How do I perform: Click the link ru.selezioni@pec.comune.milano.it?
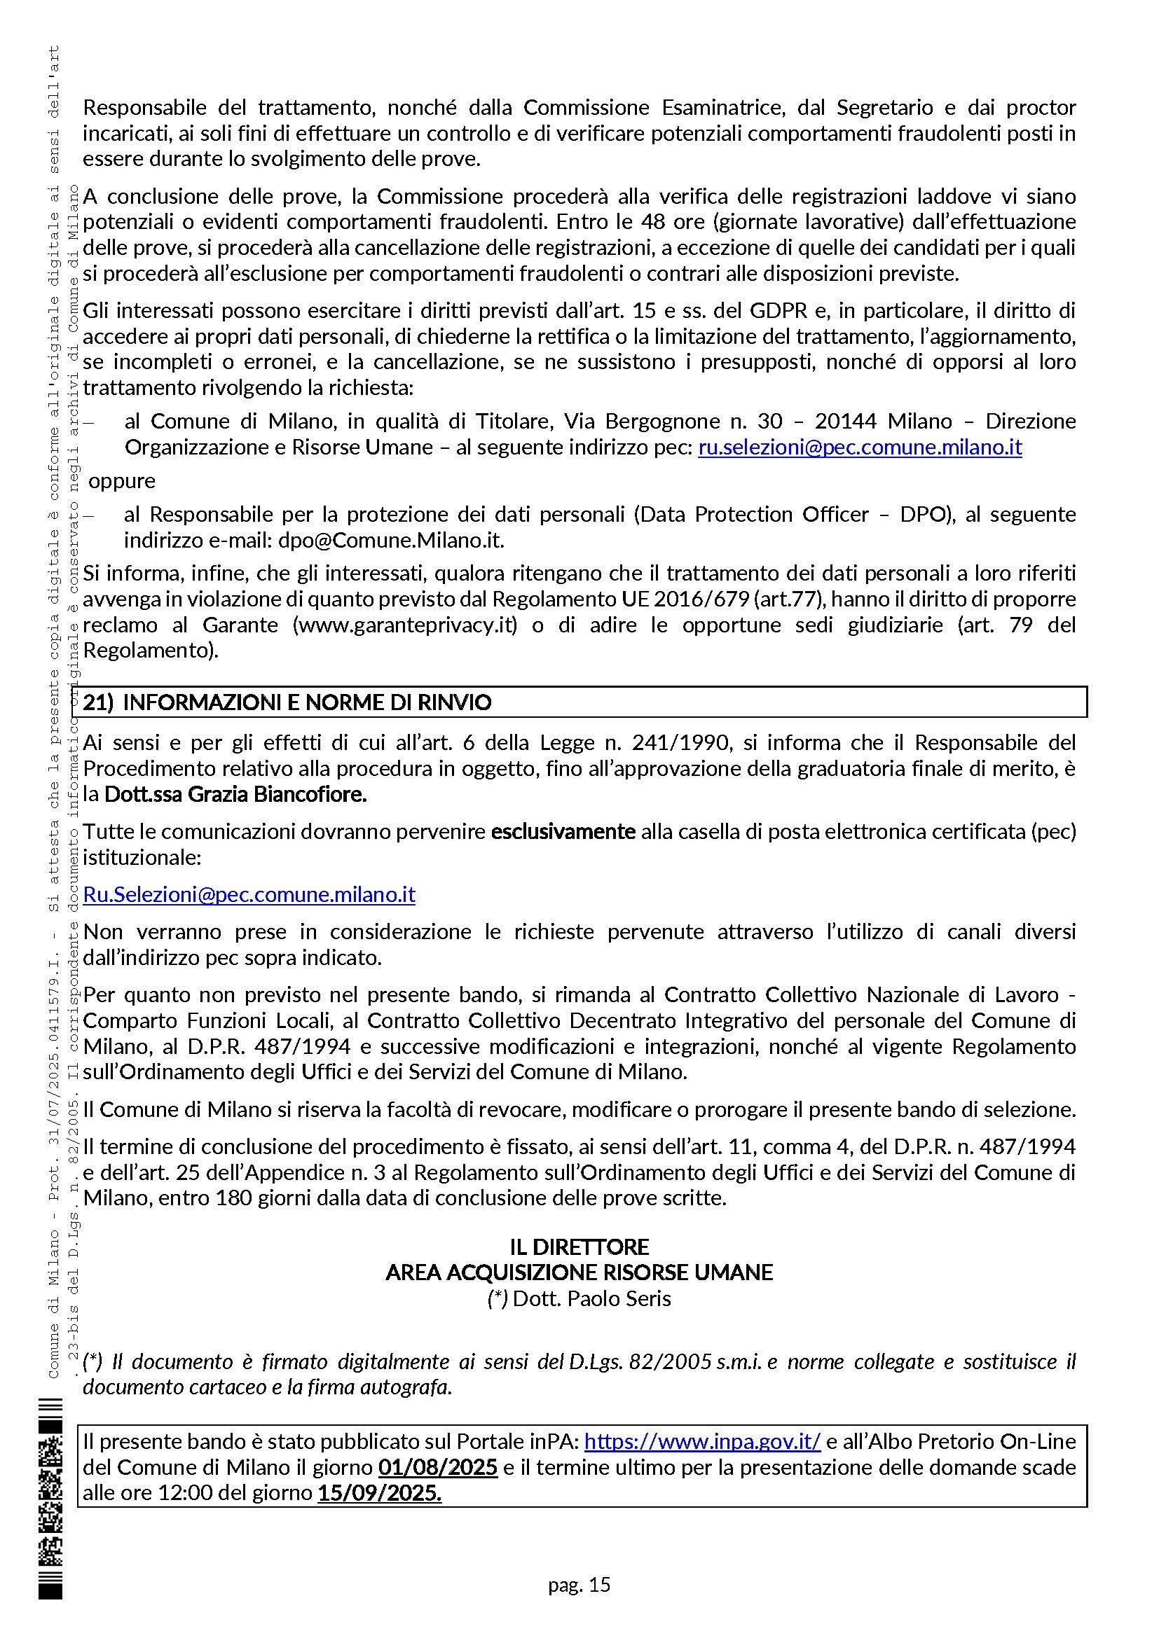pos(859,447)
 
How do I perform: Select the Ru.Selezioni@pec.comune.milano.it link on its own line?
pos(249,894)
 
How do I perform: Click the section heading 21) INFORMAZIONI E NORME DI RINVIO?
pos(287,702)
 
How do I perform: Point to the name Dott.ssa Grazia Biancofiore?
pos(235,794)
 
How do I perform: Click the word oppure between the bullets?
pos(122,480)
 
